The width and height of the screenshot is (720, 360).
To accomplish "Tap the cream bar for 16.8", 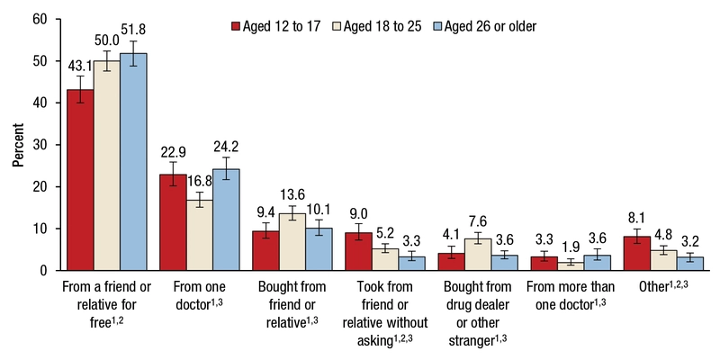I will [200, 235].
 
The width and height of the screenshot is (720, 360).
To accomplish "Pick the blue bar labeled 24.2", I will [226, 220].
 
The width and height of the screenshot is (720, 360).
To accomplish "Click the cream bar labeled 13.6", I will [292, 241].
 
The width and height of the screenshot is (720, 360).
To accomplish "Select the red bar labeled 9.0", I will [358, 251].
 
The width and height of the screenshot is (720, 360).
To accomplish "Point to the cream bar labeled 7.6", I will [478, 254].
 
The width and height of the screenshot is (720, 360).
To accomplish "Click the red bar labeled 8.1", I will [637, 253].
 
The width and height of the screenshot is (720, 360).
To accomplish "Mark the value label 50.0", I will [108, 40].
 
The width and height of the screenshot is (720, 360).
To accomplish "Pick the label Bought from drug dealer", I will [478, 301].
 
